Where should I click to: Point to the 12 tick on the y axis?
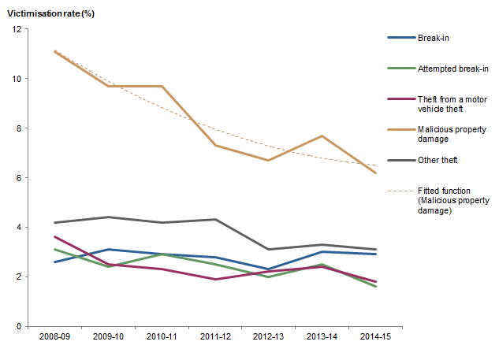[17, 29]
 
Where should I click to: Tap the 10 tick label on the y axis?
[17, 79]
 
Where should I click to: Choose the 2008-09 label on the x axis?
[54, 336]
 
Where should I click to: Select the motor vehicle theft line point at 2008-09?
[54, 236]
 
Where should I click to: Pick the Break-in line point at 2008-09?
[54, 262]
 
